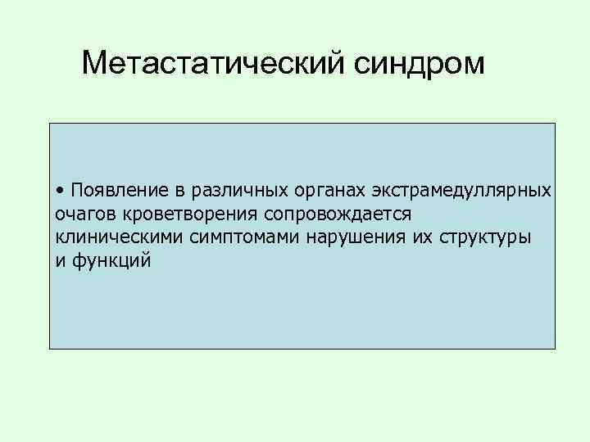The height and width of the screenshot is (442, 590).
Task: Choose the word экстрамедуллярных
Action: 462,191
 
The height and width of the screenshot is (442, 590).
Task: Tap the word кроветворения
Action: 180,214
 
